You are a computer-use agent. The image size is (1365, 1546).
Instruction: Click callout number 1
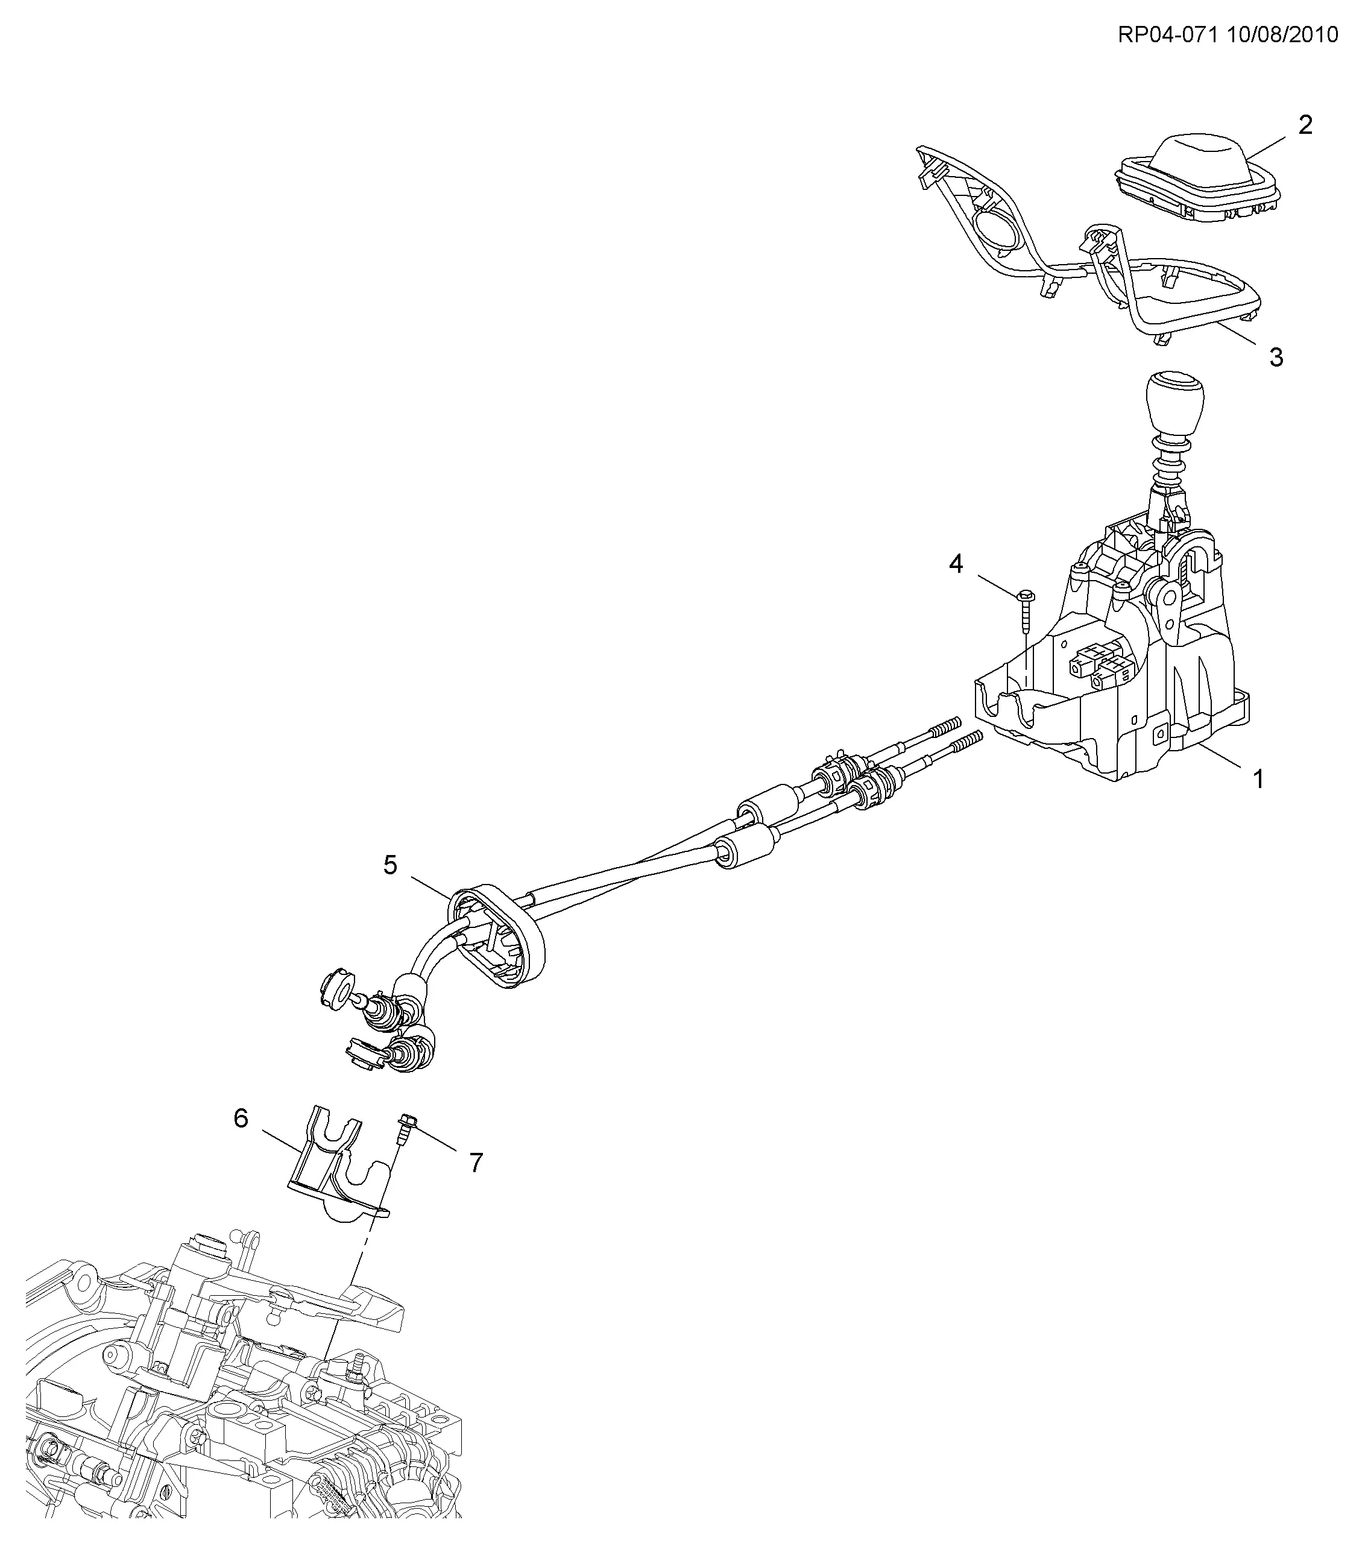pyautogui.click(x=1258, y=778)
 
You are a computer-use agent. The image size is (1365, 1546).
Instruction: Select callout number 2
pyautogui.click(x=1305, y=125)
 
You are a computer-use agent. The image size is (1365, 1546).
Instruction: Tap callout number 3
pyautogui.click(x=1276, y=357)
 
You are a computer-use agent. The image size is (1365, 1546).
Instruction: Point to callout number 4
pyautogui.click(x=957, y=564)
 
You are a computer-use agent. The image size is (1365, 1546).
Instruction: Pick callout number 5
pyautogui.click(x=390, y=865)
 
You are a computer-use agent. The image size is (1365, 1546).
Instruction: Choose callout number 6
pyautogui.click(x=241, y=1118)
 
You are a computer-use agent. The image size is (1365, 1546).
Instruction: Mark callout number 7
pyautogui.click(x=476, y=1163)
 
